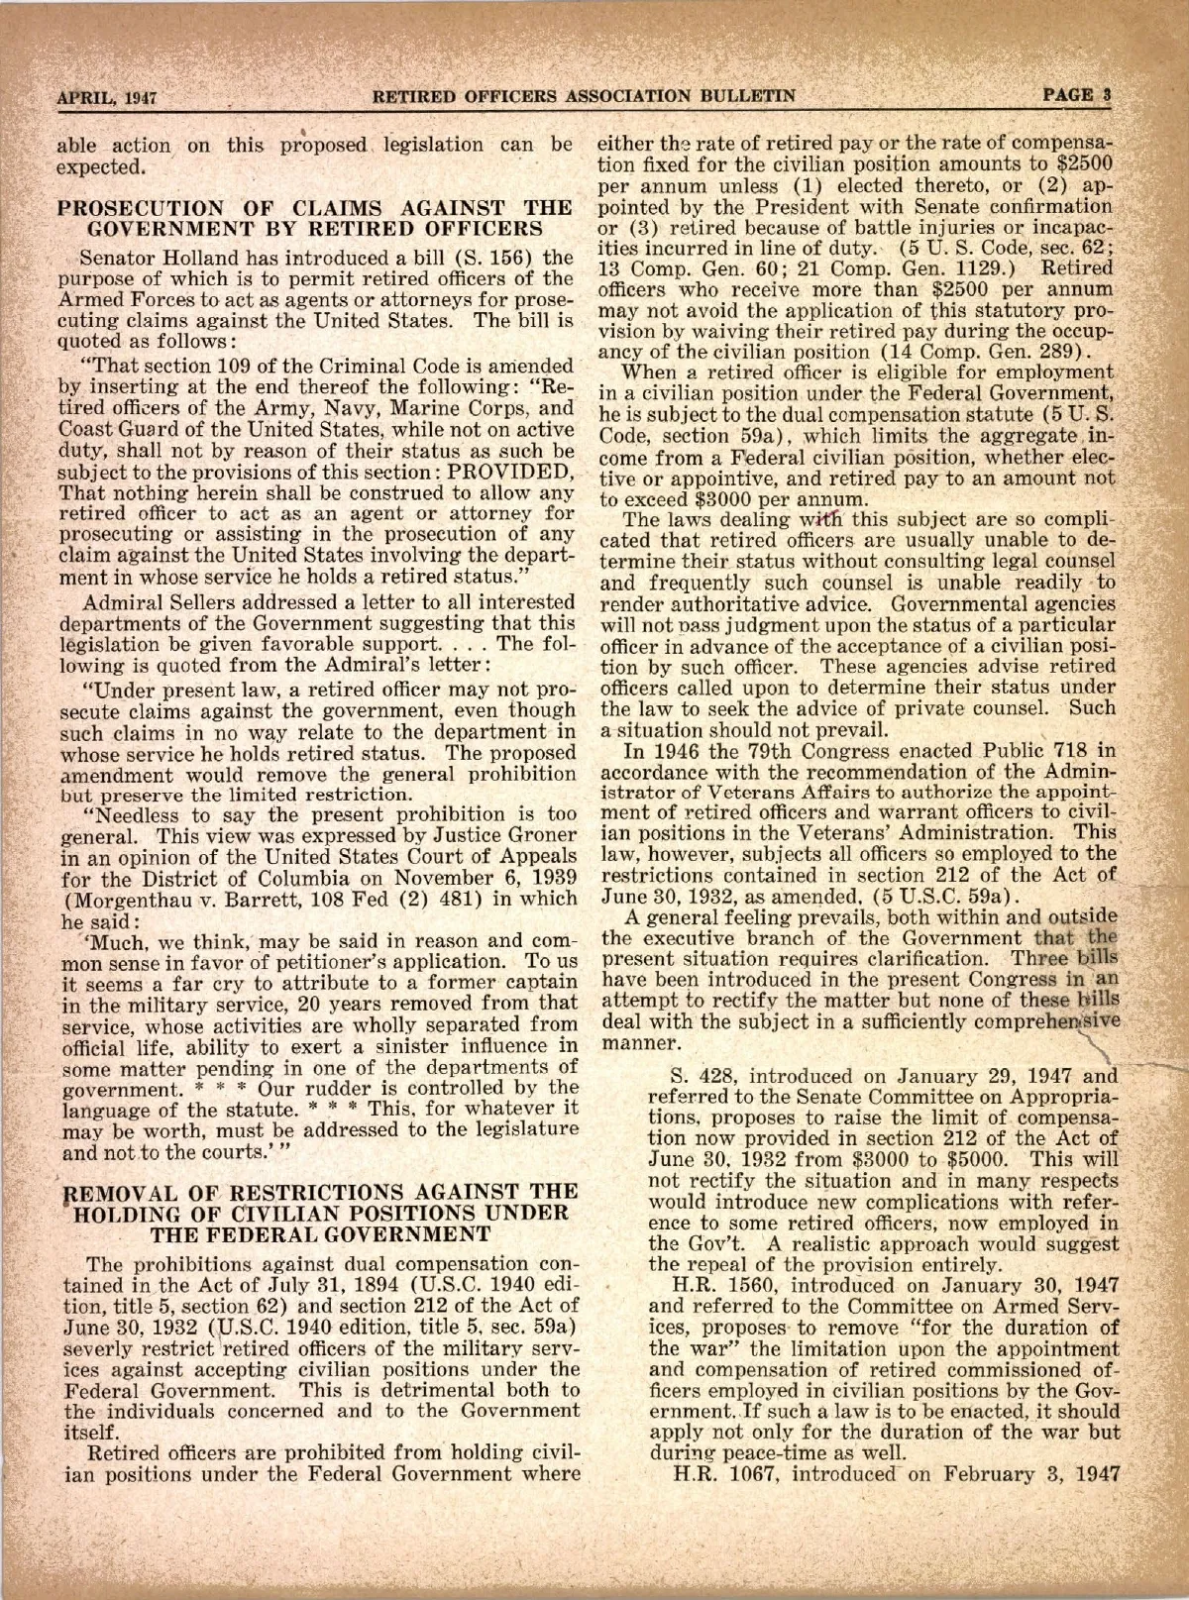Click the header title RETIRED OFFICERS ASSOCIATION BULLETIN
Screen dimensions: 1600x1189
pos(584,97)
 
